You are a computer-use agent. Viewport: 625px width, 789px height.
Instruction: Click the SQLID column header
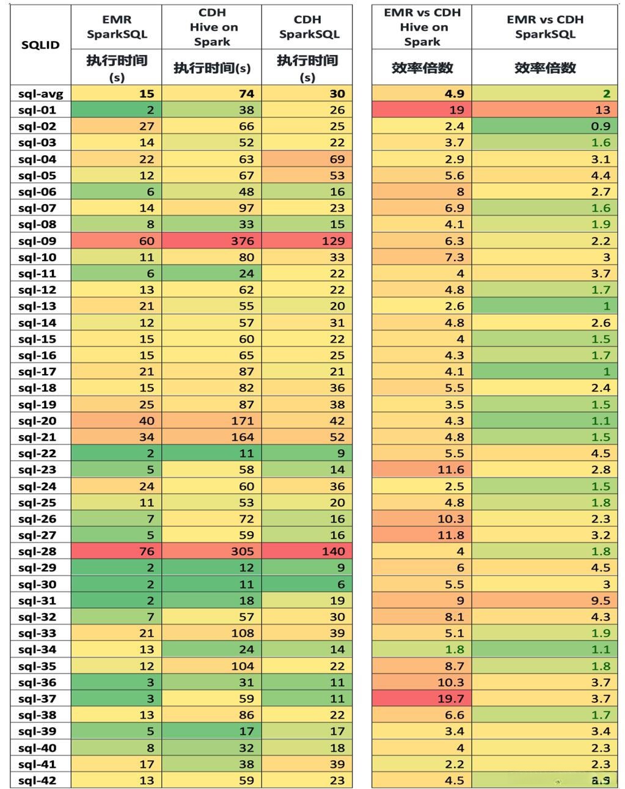pyautogui.click(x=40, y=45)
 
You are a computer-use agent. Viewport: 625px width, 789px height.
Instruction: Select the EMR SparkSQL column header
pyautogui.click(x=117, y=27)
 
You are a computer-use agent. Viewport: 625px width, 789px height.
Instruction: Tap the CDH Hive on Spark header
pyautogui.click(x=212, y=27)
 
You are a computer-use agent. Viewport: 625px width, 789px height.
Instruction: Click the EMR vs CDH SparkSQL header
pyautogui.click(x=545, y=27)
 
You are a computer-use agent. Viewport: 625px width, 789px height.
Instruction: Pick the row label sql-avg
pyautogui.click(x=40, y=94)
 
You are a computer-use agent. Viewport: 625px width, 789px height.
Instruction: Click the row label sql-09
pyautogui.click(x=37, y=241)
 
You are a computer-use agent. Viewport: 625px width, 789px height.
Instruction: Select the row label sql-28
pyautogui.click(x=37, y=551)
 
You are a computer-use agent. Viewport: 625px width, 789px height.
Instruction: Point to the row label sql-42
pyautogui.click(x=37, y=780)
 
